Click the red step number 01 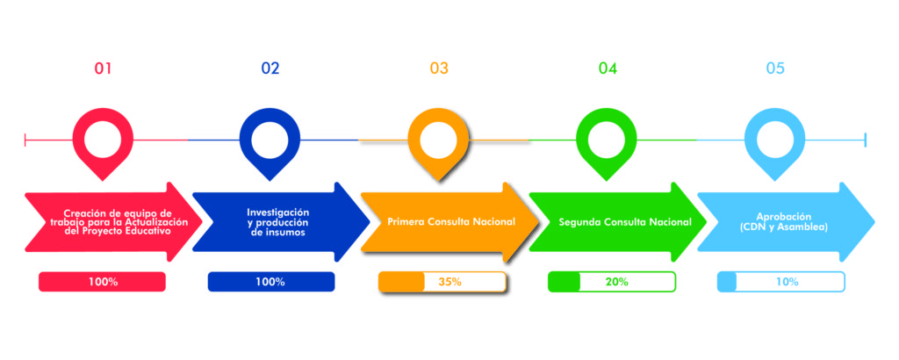pyautogui.click(x=103, y=68)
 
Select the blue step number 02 pyautogui.click(x=270, y=68)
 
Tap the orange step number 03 pyautogui.click(x=439, y=68)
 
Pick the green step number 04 pyautogui.click(x=608, y=68)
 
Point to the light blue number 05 pyautogui.click(x=775, y=68)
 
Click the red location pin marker pyautogui.click(x=103, y=140)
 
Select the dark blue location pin pyautogui.click(x=270, y=140)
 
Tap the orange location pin pyautogui.click(x=439, y=140)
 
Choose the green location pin pyautogui.click(x=607, y=140)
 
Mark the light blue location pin pyautogui.click(x=775, y=140)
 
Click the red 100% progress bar pyautogui.click(x=103, y=282)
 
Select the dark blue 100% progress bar pyautogui.click(x=271, y=282)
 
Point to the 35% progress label pyautogui.click(x=449, y=282)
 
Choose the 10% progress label pyautogui.click(x=787, y=282)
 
